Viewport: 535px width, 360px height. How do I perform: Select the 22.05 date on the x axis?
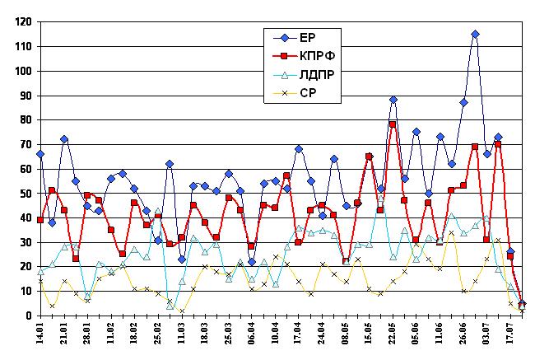coord(393,337)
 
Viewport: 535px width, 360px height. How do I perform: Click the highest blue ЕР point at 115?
coord(475,35)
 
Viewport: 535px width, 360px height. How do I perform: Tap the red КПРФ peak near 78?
coord(393,124)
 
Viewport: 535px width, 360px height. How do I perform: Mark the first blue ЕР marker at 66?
coord(40,154)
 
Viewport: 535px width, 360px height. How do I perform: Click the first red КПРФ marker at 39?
coord(40,220)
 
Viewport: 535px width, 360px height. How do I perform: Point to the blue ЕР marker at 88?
coord(393,100)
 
